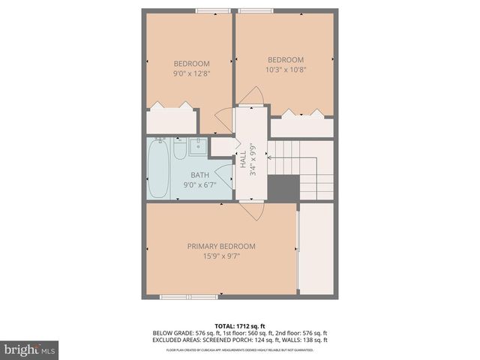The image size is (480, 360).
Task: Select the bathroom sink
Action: tap(196, 146)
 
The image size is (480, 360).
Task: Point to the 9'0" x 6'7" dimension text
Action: tap(199, 184)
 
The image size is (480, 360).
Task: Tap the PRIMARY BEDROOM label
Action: tap(221, 246)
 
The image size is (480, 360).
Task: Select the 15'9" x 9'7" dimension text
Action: tap(221, 256)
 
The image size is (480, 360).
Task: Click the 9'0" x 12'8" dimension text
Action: tap(191, 73)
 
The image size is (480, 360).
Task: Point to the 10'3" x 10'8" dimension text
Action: tap(286, 70)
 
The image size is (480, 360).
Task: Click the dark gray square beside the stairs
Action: tap(283, 188)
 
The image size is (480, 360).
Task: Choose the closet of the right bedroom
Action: tap(301, 126)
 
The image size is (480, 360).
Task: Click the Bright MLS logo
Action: tap(30, 349)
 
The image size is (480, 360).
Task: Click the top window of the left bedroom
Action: tap(213, 10)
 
